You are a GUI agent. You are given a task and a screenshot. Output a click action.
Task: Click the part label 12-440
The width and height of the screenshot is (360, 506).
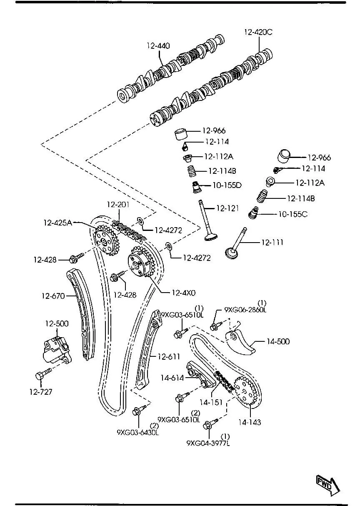158,46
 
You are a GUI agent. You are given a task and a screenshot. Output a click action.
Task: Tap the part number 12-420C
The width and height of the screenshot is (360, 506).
258,32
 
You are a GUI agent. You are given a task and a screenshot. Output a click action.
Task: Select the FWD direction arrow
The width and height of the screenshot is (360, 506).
327,483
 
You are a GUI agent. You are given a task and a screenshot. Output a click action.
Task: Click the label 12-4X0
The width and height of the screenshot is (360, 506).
183,293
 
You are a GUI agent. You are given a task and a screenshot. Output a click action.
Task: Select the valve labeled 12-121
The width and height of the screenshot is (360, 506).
206,221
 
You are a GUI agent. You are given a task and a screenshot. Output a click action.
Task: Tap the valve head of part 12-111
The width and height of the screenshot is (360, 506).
231,253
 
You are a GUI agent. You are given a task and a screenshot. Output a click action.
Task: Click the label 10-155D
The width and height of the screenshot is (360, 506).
227,185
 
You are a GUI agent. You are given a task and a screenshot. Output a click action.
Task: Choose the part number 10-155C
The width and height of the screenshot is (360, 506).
292,214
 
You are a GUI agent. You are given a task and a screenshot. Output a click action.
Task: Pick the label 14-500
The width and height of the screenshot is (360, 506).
277,341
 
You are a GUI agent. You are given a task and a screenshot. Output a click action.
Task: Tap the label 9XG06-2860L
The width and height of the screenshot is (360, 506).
245,310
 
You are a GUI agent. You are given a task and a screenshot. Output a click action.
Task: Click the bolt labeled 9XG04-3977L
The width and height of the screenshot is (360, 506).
208,425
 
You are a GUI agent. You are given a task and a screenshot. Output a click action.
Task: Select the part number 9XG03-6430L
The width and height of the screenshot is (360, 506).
137,432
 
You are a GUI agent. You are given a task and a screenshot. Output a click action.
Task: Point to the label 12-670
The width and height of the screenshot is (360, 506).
53,296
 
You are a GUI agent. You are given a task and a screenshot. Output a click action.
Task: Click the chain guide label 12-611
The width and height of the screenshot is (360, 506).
169,356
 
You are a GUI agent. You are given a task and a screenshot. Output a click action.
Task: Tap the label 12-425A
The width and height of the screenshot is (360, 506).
58,223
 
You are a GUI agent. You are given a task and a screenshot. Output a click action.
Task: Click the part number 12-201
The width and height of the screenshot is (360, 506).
118,205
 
